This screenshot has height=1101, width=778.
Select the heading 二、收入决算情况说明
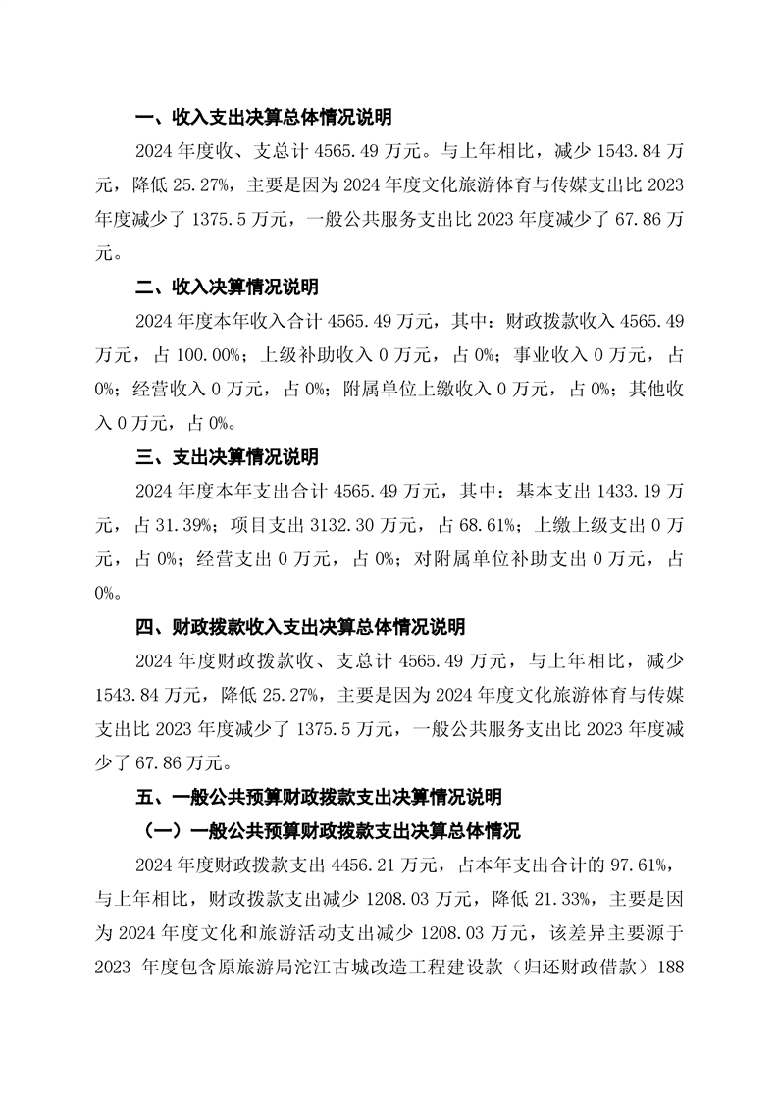coord(227,288)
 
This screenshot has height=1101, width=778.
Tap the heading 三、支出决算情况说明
coord(227,458)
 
